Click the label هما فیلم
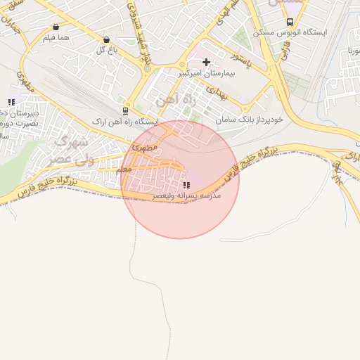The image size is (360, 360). (56, 37)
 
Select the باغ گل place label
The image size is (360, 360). (106, 49)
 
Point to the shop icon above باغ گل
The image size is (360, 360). (106, 40)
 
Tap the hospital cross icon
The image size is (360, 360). (206, 63)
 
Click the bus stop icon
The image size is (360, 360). (290, 22)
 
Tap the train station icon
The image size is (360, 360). (125, 111)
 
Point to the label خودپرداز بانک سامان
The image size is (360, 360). (250, 120)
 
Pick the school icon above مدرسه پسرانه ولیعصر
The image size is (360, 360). (186, 186)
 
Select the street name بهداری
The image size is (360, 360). (220, 94)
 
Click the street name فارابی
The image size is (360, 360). (287, 53)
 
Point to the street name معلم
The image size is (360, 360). (122, 169)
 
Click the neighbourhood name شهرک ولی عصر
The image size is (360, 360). (69, 150)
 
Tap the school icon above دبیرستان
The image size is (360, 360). (11, 103)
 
